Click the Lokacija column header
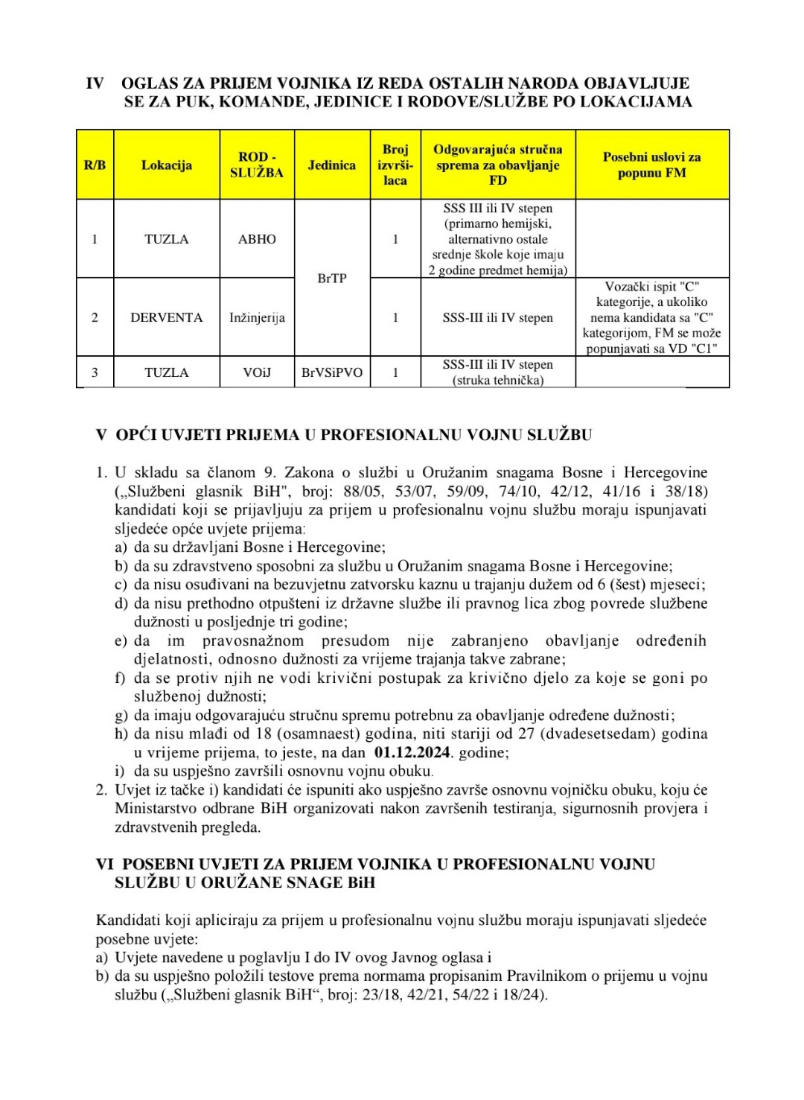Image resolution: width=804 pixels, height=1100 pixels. pyautogui.click(x=166, y=165)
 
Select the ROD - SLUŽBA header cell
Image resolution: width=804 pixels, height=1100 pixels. pyautogui.click(x=257, y=165)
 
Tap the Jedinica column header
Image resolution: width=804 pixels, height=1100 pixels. pyautogui.click(x=332, y=165)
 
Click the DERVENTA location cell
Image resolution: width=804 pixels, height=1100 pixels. pyautogui.click(x=166, y=317)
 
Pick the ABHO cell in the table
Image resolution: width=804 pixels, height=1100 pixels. pyautogui.click(x=257, y=239)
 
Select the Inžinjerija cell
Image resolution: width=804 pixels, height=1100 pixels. pyautogui.click(x=257, y=317)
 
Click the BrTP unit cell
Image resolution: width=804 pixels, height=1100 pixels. pyautogui.click(x=332, y=278)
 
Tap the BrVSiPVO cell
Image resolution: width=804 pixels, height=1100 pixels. pyautogui.click(x=332, y=372)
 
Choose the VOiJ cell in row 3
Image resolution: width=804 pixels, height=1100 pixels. pyautogui.click(x=257, y=372)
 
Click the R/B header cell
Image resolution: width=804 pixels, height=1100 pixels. pyautogui.click(x=95, y=165)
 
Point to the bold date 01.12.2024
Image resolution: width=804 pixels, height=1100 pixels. pyautogui.click(x=412, y=752)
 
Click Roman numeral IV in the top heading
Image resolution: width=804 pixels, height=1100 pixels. pyautogui.click(x=95, y=83)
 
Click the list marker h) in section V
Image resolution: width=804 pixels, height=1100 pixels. pyautogui.click(x=121, y=734)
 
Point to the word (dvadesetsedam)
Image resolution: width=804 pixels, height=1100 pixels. pyautogui.click(x=592, y=734)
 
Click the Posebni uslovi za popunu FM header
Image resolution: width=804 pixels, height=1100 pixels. pyautogui.click(x=651, y=165)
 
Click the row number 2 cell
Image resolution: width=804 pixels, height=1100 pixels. pyautogui.click(x=95, y=317)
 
